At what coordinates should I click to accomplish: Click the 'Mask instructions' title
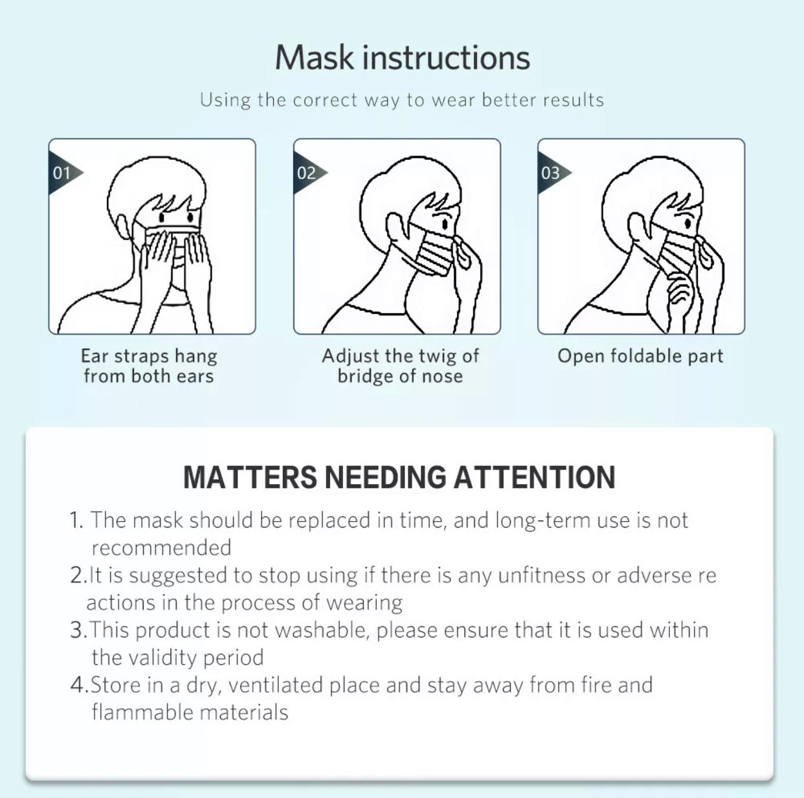[402, 58]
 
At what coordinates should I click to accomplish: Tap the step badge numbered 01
[61, 173]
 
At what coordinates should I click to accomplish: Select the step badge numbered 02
[306, 173]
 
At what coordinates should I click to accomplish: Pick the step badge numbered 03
[550, 173]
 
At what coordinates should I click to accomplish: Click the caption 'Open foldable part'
[640, 356]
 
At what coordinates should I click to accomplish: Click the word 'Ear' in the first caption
[95, 356]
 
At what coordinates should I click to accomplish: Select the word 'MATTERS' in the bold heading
[250, 478]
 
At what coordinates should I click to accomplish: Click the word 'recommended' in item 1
[161, 548]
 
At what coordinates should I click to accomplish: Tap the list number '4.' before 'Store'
[79, 685]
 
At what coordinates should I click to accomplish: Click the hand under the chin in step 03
[680, 294]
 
